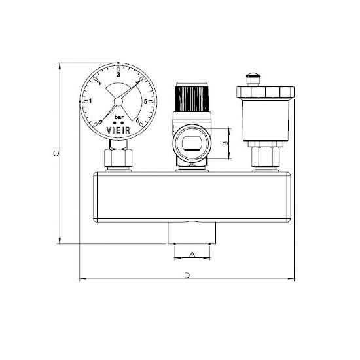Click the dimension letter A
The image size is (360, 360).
pos(192,254)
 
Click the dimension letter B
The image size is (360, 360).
pos(226,143)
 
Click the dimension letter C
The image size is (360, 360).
pos(56,153)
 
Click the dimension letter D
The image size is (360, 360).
pos(187,275)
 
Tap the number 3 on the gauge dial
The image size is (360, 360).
pos(118,75)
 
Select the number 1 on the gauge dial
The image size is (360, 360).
pos(90,101)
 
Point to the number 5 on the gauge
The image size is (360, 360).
pos(145,101)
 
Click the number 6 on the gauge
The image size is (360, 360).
pos(137,120)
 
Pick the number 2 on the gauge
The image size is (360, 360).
pos(99,82)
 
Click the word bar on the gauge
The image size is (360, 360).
pos(119,117)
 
